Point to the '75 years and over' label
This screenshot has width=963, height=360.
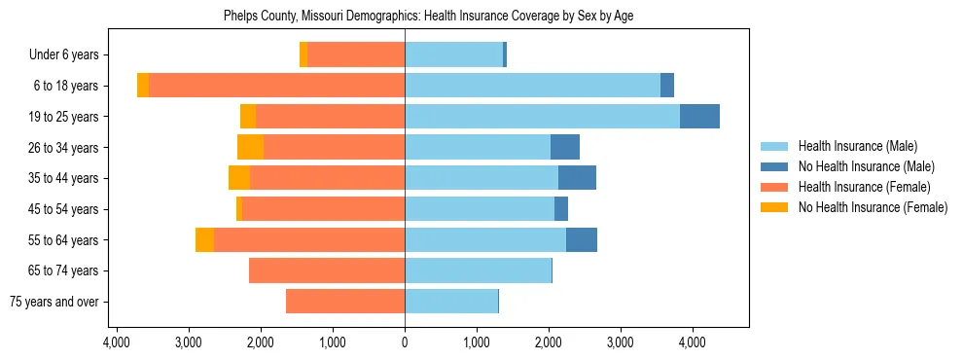click(x=53, y=302)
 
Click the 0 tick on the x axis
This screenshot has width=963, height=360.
click(x=405, y=342)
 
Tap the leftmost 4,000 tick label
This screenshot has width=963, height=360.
click(x=117, y=342)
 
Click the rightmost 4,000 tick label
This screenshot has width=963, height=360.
click(x=692, y=342)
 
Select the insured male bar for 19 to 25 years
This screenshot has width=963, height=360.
click(x=542, y=117)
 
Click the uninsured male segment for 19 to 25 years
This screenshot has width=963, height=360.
click(x=699, y=117)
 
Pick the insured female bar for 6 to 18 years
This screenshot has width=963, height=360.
click(x=276, y=86)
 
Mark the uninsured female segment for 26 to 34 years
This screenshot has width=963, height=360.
click(x=250, y=147)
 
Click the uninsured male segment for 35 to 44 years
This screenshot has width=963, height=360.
click(x=577, y=178)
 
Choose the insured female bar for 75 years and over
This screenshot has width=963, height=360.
click(x=345, y=302)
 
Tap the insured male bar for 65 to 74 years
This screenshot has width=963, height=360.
click(x=478, y=270)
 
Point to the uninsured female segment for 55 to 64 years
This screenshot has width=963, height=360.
click(x=204, y=240)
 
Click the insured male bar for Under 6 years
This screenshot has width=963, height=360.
click(x=453, y=55)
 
